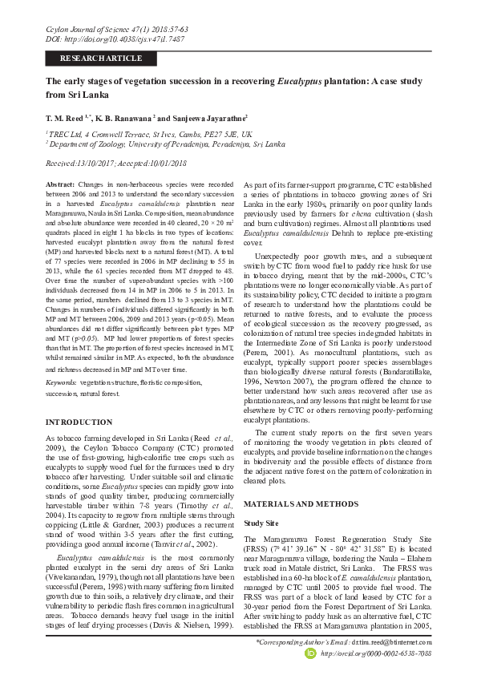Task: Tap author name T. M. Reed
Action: pyautogui.click(x=67, y=117)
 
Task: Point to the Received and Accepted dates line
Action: pyautogui.click(x=116, y=162)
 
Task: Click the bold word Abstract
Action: pyautogui.click(x=60, y=184)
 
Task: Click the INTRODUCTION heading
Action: pyautogui.click(x=79, y=422)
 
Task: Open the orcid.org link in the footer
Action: pyautogui.click(x=376, y=654)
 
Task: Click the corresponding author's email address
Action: pyautogui.click(x=395, y=643)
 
